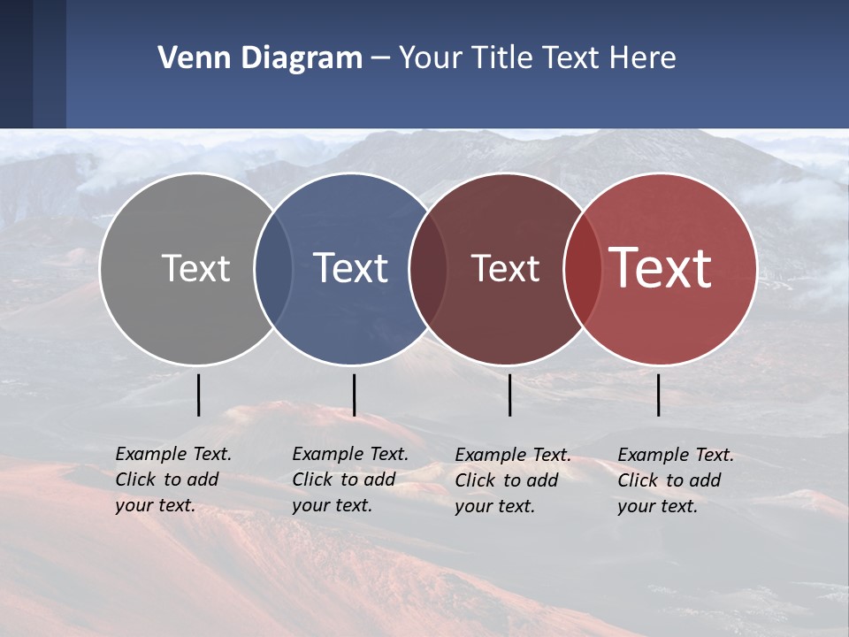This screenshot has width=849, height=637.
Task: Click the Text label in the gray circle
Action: pos(195,268)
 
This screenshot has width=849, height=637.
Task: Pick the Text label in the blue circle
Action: pos(351,268)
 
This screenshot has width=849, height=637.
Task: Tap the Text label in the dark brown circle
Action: pos(505,268)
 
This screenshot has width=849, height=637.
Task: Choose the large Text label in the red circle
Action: pos(661,268)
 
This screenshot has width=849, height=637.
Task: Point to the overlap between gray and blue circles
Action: pos(273,268)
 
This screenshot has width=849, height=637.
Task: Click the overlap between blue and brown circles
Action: pos(428,268)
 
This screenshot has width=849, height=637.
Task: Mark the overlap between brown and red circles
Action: pos(582,268)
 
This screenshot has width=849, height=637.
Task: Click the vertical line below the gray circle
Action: pos(199,395)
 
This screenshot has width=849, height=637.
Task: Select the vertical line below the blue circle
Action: pos(354,395)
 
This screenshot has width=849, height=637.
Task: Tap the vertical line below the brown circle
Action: pos(510,395)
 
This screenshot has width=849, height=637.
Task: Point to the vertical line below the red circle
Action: pos(659,395)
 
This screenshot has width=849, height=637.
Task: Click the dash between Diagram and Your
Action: pos(380,59)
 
